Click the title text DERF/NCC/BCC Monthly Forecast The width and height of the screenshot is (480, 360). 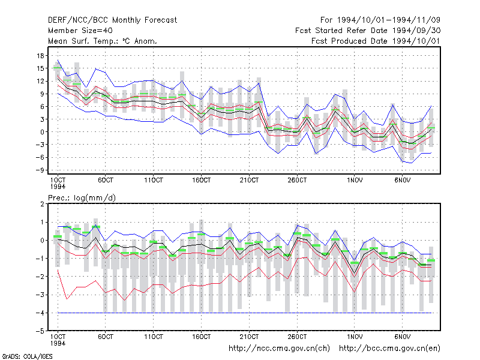pyautogui.click(x=112, y=20)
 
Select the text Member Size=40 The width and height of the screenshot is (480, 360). pyautogui.click(x=80, y=31)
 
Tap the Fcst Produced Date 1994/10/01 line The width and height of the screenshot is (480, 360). pyautogui.click(x=376, y=41)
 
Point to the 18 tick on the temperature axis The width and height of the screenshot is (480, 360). pyautogui.click(x=40, y=56)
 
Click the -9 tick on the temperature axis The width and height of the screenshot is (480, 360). pyautogui.click(x=40, y=170)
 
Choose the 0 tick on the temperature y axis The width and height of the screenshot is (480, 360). pyautogui.click(x=42, y=132)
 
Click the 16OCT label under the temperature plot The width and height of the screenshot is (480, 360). pyautogui.click(x=202, y=181)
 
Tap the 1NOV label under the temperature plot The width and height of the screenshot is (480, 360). pyautogui.click(x=355, y=181)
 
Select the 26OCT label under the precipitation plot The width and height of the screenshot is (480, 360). pyautogui.click(x=297, y=337)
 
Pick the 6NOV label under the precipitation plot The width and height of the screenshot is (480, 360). pyautogui.click(x=402, y=337)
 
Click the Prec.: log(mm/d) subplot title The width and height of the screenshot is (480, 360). pyautogui.click(x=82, y=198)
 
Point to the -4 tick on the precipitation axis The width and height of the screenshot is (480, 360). pyautogui.click(x=40, y=313)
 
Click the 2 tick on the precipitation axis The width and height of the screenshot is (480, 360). pyautogui.click(x=42, y=204)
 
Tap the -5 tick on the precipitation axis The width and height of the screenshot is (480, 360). pyautogui.click(x=40, y=331)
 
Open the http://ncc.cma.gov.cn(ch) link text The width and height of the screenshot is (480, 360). pyautogui.click(x=279, y=349)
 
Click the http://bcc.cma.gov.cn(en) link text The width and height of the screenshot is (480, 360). pyautogui.click(x=389, y=349)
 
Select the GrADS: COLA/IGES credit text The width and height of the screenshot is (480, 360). pyautogui.click(x=27, y=356)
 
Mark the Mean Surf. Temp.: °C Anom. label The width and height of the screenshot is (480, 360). pyautogui.click(x=103, y=41)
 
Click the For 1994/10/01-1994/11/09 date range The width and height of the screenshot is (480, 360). pyautogui.click(x=380, y=20)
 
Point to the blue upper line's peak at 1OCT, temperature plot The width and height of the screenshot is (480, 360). pyautogui.click(x=58, y=61)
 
